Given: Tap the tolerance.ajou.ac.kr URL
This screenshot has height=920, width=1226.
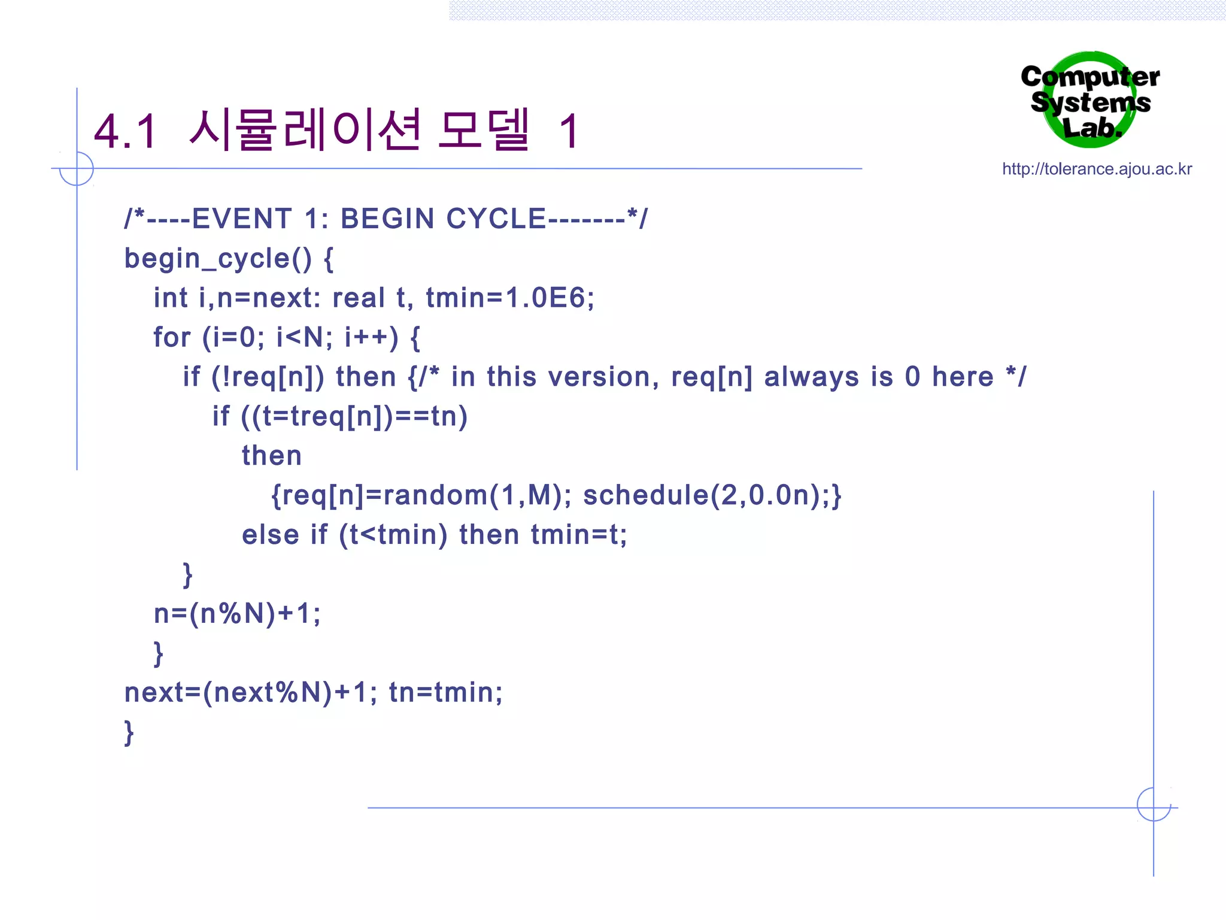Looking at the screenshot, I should (1097, 169).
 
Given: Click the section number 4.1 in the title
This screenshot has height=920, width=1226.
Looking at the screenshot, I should (126, 132).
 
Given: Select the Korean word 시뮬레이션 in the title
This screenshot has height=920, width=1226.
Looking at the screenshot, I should (305, 129).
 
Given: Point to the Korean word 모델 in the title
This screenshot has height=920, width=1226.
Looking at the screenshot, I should (484, 129).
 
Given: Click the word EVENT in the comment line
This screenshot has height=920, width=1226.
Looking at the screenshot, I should (242, 219).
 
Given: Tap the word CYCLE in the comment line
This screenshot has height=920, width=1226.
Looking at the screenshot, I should (496, 219).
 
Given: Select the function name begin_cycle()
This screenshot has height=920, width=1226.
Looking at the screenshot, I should (218, 259).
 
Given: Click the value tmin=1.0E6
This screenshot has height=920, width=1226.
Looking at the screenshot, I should (510, 298).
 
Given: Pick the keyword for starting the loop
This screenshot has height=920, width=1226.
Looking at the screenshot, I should (172, 337).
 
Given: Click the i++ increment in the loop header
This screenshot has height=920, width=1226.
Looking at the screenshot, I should (371, 337).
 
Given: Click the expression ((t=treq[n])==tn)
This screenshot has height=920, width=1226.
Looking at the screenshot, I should (354, 416).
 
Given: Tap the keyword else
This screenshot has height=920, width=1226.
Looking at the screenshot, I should (270, 535).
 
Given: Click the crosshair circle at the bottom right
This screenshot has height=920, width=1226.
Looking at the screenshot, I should (1154, 804).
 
